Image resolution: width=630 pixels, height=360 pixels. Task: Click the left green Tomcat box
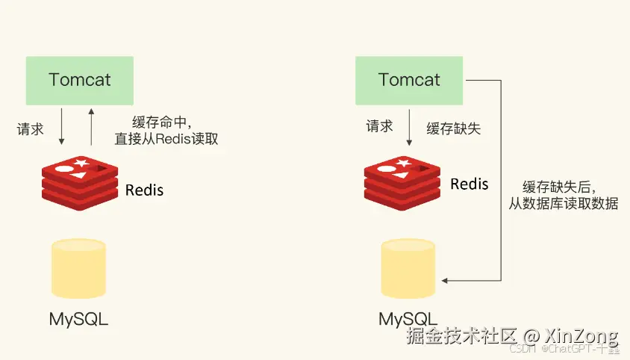(x=80, y=81)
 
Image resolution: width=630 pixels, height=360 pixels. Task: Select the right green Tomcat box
(x=409, y=81)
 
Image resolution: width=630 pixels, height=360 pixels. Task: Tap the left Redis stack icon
(x=80, y=183)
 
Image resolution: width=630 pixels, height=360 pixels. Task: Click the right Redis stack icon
(x=402, y=183)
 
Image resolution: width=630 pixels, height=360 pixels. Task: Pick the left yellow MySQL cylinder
(x=79, y=268)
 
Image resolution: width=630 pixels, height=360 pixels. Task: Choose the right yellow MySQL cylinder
(x=408, y=268)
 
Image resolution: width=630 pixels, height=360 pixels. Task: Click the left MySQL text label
(x=79, y=320)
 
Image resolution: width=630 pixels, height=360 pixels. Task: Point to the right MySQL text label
(x=408, y=320)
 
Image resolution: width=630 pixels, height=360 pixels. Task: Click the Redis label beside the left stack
(x=144, y=190)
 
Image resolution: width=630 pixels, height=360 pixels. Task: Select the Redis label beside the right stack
(x=470, y=184)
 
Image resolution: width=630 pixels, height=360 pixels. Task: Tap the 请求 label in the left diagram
(x=30, y=129)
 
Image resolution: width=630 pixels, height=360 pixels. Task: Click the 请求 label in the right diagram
(x=379, y=126)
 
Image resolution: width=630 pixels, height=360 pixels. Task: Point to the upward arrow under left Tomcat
(x=91, y=127)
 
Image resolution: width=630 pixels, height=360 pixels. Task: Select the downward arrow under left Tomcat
(x=61, y=126)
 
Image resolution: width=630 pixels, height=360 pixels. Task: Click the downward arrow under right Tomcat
(x=409, y=127)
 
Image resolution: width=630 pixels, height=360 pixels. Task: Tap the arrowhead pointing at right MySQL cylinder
(x=444, y=280)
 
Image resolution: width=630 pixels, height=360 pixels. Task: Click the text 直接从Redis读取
(x=166, y=139)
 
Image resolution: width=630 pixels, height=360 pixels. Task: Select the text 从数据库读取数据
(x=564, y=204)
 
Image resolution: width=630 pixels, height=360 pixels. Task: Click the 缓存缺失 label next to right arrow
(x=454, y=128)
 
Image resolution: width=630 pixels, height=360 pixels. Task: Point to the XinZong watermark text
(x=581, y=335)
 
